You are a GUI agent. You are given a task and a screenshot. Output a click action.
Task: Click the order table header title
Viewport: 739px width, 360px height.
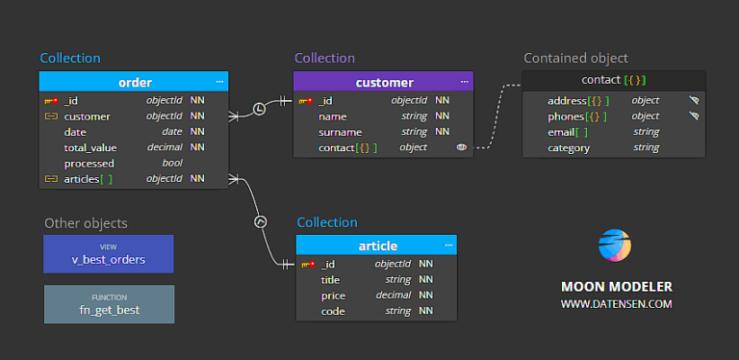(135, 82)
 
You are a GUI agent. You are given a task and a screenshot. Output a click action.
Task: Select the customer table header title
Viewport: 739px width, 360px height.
(384, 82)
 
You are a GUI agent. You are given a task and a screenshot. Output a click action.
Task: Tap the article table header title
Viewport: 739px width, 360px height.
(377, 245)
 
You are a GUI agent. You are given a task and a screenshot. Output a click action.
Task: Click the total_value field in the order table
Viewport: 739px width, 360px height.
(90, 147)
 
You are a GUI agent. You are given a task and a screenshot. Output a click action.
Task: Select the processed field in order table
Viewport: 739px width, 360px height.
(89, 163)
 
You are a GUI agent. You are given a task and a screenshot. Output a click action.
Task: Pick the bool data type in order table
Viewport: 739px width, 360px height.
(172, 163)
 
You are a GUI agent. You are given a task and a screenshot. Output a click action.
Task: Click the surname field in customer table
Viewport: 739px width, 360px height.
(340, 132)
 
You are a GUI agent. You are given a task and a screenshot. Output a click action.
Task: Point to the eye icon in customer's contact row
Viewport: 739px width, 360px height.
(461, 147)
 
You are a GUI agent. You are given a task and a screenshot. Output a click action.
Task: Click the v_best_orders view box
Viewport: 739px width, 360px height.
(109, 254)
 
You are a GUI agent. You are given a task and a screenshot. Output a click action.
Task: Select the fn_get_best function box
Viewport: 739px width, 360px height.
(109, 304)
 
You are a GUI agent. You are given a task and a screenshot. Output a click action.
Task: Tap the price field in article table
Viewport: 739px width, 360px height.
(333, 296)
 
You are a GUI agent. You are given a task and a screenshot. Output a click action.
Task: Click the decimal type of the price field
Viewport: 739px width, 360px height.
(394, 296)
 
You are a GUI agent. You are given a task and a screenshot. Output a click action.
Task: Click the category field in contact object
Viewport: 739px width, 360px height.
(569, 147)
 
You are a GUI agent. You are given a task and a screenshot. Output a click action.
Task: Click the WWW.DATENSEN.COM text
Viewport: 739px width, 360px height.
(617, 304)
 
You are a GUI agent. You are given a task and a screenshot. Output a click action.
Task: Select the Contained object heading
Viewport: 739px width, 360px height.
(575, 58)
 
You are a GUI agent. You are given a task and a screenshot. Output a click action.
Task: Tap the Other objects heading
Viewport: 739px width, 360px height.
(86, 223)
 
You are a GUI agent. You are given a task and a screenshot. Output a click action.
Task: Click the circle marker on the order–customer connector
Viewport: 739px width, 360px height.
(259, 109)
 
